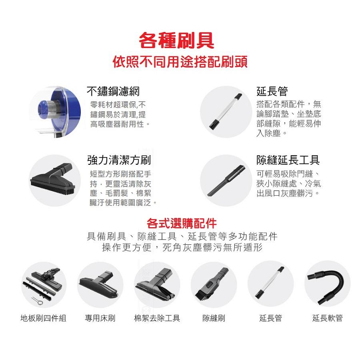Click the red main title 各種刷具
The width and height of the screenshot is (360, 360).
176,40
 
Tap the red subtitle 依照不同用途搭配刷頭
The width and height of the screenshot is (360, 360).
180,62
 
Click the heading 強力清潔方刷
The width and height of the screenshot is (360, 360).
119,161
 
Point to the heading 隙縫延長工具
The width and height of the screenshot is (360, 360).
288,161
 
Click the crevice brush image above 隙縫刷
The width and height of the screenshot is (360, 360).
214,284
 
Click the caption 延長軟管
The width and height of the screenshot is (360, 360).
327,318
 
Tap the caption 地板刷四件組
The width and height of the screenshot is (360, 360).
43,318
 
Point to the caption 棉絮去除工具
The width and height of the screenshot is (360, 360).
157,318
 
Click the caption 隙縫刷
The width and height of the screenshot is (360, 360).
214,318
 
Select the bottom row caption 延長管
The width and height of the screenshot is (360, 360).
270,318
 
